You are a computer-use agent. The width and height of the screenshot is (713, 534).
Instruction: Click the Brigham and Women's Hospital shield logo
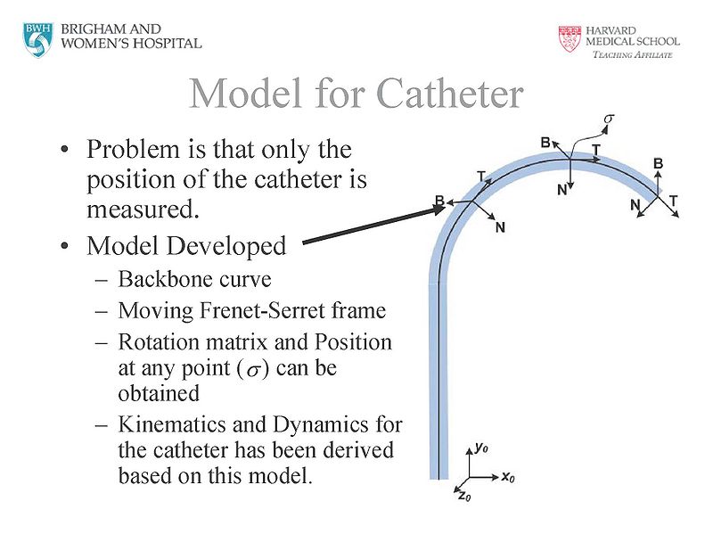pos(38,37)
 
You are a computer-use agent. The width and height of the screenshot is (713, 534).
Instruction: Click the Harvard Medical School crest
pos(569,38)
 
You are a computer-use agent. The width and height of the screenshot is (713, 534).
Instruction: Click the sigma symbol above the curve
pos(610,117)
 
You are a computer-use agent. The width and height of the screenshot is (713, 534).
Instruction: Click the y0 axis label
pos(480,448)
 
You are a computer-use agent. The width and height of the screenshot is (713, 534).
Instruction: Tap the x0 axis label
pos(508,477)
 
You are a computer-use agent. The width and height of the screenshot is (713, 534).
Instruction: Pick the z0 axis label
pos(463,495)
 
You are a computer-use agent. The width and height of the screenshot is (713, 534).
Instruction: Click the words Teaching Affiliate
pos(632,54)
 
